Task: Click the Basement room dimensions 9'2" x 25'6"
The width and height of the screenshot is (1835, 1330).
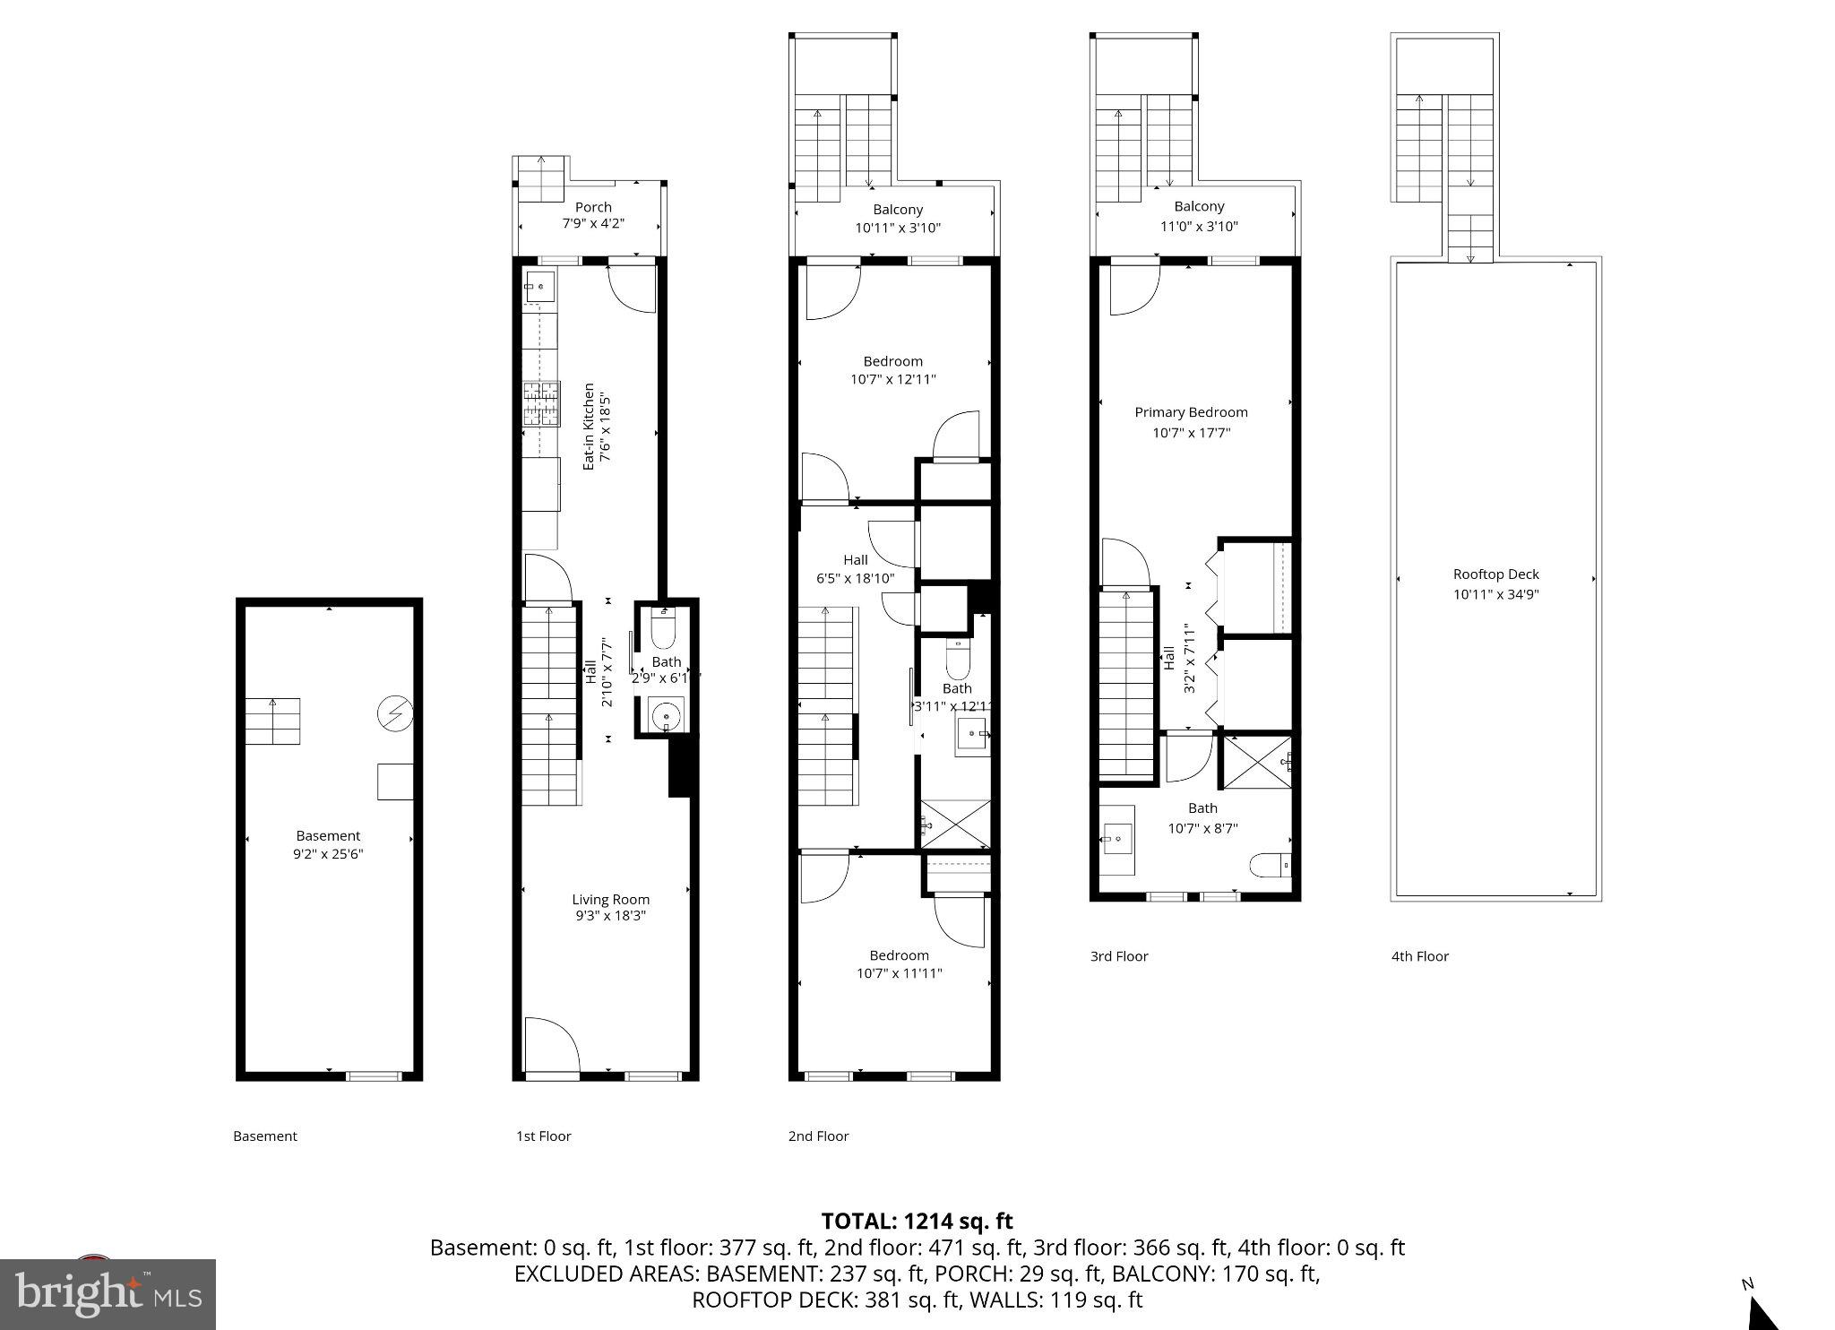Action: (x=328, y=854)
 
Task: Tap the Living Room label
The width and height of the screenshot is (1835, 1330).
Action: (x=610, y=899)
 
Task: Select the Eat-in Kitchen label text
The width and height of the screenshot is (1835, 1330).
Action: (x=589, y=427)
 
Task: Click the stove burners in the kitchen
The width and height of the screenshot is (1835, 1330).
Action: (x=541, y=403)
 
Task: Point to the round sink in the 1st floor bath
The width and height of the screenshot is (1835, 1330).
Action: (x=666, y=716)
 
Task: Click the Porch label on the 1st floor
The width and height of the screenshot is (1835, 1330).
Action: (x=593, y=207)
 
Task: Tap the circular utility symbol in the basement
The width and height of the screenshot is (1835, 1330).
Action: (x=394, y=714)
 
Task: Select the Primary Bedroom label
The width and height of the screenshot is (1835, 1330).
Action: (x=1191, y=412)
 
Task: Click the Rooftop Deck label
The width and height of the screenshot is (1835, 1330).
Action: (x=1495, y=574)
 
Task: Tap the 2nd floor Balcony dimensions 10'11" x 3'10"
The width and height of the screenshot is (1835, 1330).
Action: (x=898, y=228)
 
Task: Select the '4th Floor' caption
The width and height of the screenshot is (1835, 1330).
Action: (x=1419, y=956)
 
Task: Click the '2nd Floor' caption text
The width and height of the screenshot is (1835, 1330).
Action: (x=818, y=1136)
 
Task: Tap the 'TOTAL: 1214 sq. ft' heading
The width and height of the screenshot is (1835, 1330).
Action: (x=917, y=1221)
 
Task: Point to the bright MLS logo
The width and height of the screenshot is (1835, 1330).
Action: (x=108, y=1294)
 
